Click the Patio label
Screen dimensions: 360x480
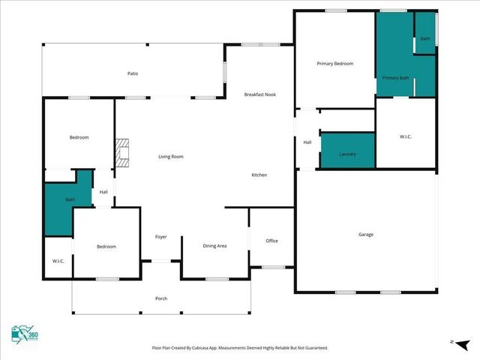[x=133, y=73]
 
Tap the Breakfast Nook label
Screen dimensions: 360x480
[x=259, y=94]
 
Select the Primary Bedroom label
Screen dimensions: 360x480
[x=334, y=64]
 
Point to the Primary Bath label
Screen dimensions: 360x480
[x=395, y=78]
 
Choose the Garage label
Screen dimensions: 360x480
[x=365, y=235]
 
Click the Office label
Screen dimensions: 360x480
[x=271, y=241]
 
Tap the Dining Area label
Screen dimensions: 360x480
[x=215, y=246]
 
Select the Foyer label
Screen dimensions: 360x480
[x=160, y=237]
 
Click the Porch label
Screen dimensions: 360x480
[x=161, y=298]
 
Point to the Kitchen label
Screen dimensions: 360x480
[x=259, y=175]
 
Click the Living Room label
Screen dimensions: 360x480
[x=170, y=157]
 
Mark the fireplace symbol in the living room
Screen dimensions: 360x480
[x=122, y=154]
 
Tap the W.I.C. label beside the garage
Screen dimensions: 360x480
[x=406, y=136]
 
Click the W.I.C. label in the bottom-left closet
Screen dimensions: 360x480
[x=58, y=261]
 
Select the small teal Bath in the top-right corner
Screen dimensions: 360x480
[x=425, y=39]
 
